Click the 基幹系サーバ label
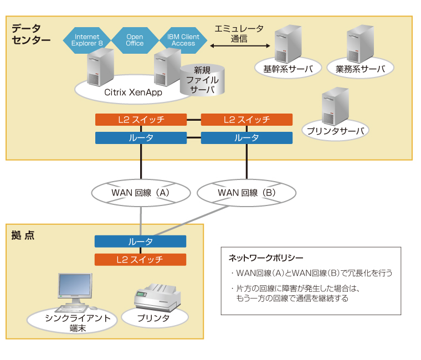pyautogui.click(x=284, y=69)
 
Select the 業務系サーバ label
pyautogui.click(x=360, y=69)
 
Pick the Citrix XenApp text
pyautogui.click(x=133, y=92)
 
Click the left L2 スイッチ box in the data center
pyautogui.click(x=141, y=120)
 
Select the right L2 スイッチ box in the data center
pyautogui.click(x=247, y=120)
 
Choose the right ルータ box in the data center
pyautogui.click(x=247, y=138)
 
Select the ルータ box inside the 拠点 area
pyautogui.click(x=140, y=241)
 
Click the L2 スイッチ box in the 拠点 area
pyautogui.click(x=140, y=259)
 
